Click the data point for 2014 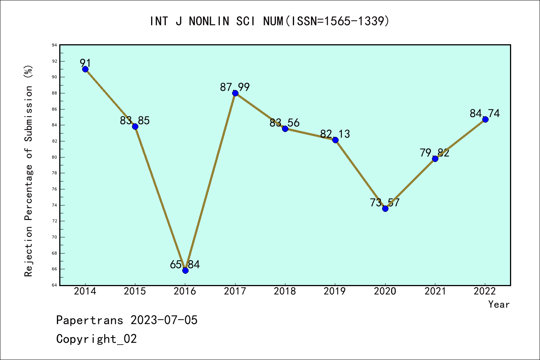85,69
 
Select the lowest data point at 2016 185,270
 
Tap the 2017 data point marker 235,93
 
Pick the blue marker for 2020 385,208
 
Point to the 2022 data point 485,119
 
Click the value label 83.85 135,120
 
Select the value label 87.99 235,87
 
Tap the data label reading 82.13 335,134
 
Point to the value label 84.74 485,113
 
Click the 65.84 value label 185,264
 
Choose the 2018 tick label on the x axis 285,291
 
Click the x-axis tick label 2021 435,291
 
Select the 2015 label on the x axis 135,291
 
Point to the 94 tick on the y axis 55,45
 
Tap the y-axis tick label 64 55,285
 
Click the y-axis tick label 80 55,157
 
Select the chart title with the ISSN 270,21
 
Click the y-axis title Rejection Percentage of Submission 28,171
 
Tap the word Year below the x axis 499,304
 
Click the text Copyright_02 96,339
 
